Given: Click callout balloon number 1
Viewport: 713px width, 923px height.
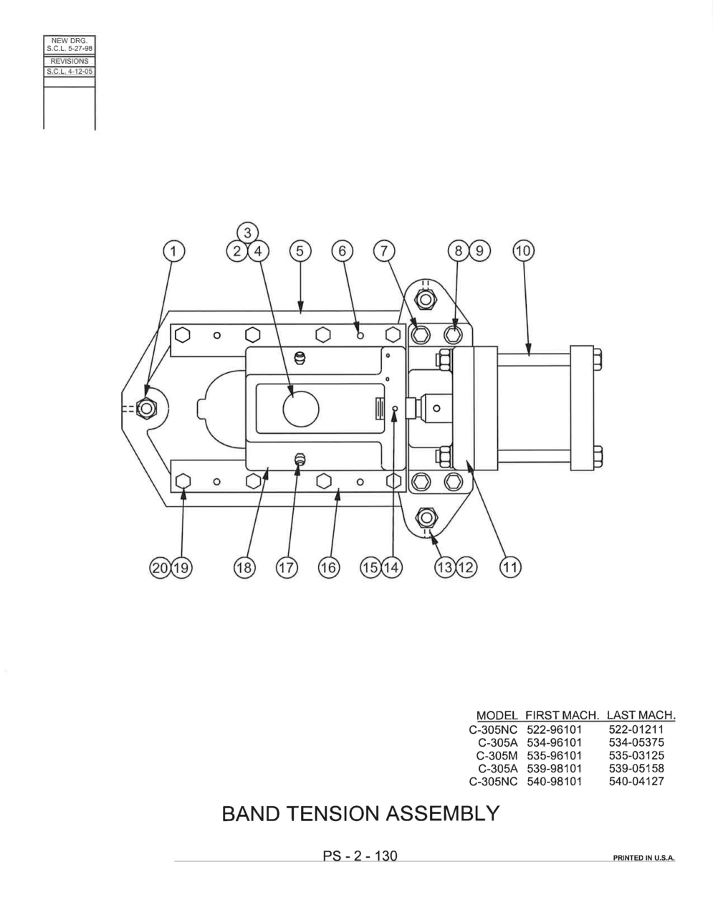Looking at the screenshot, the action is pyautogui.click(x=173, y=251).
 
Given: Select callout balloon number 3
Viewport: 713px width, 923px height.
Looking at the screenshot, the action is pyautogui.click(x=247, y=233).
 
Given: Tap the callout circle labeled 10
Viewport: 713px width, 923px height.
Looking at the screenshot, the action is pyautogui.click(x=523, y=251).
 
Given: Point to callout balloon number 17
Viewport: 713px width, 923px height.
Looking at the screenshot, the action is pyautogui.click(x=287, y=567).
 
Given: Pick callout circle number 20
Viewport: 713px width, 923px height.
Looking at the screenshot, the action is pyautogui.click(x=160, y=567).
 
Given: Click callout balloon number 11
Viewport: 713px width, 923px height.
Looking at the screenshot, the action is pyautogui.click(x=510, y=567).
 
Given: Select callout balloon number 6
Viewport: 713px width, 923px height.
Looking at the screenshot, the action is pyautogui.click(x=342, y=251).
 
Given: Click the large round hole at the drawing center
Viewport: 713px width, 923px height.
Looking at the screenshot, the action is pyautogui.click(x=301, y=409).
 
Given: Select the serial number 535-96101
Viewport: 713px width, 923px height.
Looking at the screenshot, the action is pyautogui.click(x=554, y=756).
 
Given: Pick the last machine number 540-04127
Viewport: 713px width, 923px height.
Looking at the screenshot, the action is pyautogui.click(x=636, y=781).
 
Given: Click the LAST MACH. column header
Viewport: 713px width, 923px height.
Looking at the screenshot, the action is pyautogui.click(x=641, y=715).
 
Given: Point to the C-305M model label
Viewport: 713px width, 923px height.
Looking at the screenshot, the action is pyautogui.click(x=497, y=756).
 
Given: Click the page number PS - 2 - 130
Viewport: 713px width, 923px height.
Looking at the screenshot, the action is pyautogui.click(x=360, y=856).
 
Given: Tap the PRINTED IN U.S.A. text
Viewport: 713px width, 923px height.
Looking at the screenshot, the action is pyautogui.click(x=643, y=858).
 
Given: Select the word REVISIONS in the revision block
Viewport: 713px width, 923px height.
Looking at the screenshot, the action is pyautogui.click(x=70, y=61).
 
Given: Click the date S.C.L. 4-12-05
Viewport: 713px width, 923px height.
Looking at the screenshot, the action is pyautogui.click(x=70, y=72).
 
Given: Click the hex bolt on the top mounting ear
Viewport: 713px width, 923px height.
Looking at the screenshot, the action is pyautogui.click(x=424, y=300).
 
